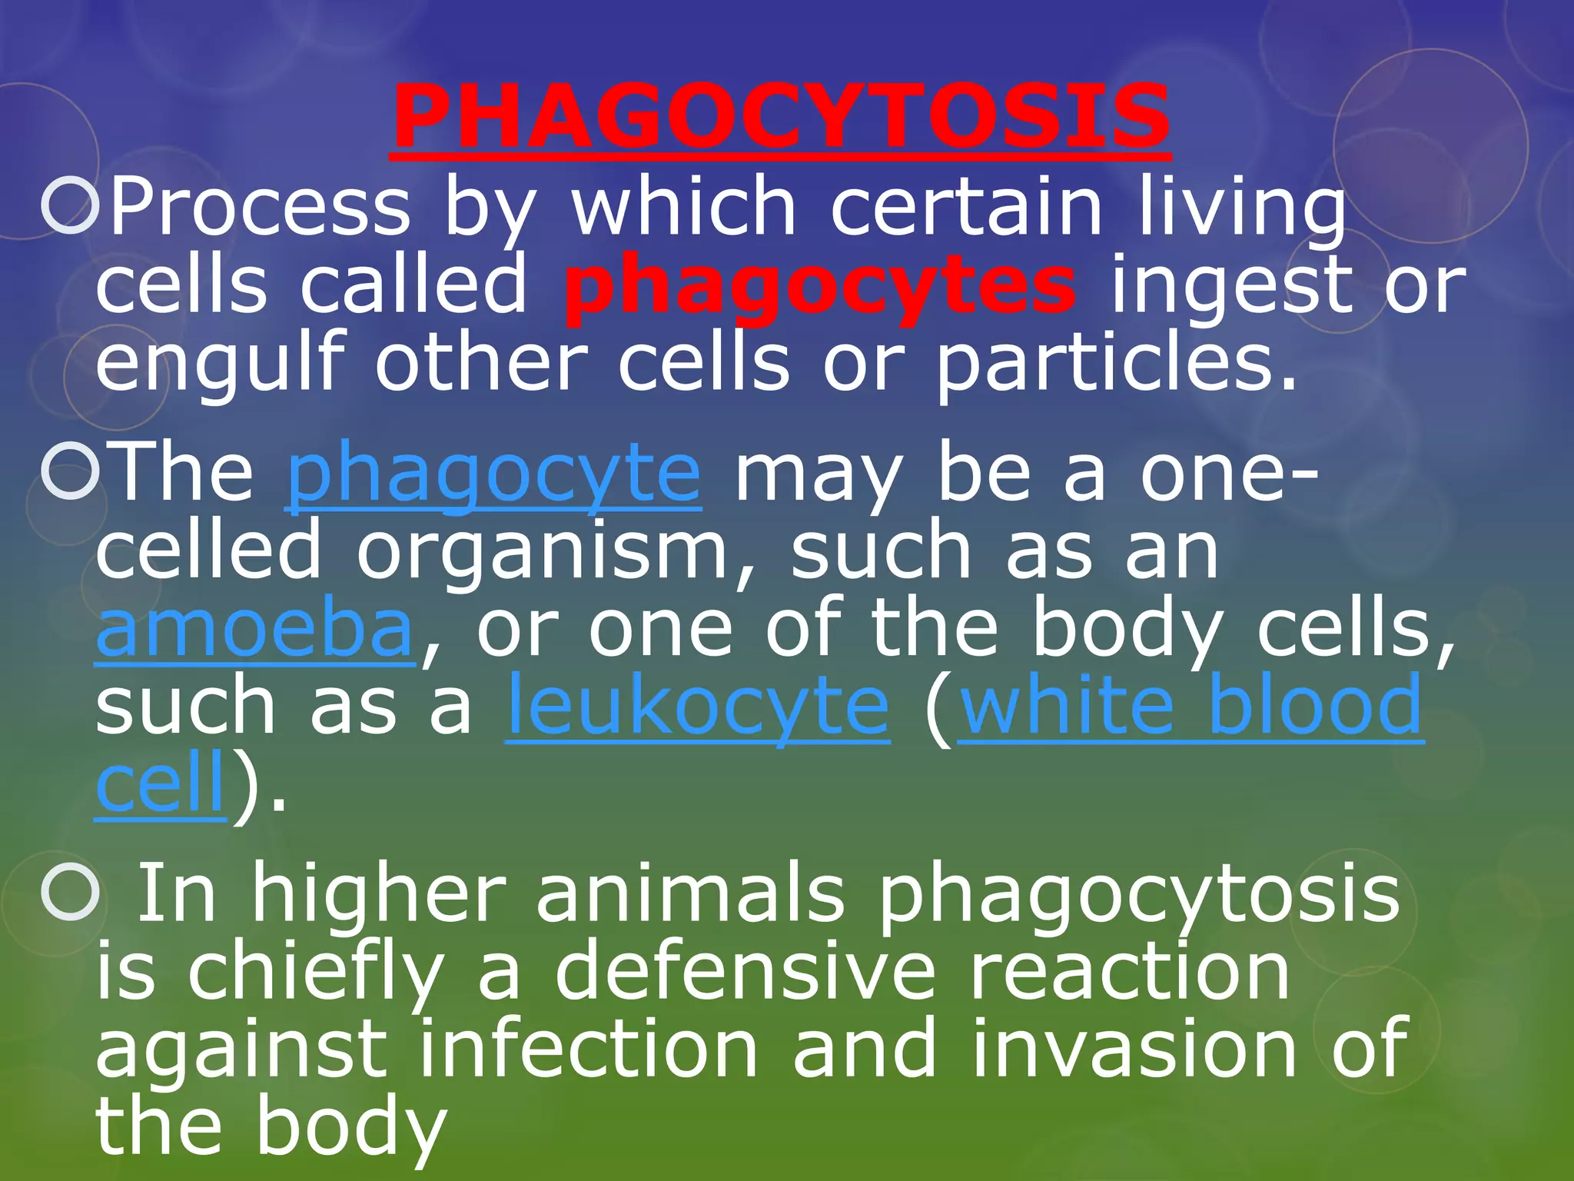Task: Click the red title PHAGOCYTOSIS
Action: click(780, 118)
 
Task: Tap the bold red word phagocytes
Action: click(819, 287)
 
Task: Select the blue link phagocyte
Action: click(493, 474)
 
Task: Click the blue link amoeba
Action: click(255, 630)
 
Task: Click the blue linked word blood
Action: click(1315, 704)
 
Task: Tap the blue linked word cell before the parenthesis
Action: click(161, 784)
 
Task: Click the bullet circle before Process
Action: click(71, 206)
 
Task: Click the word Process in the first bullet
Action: click(261, 206)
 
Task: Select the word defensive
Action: click(745, 972)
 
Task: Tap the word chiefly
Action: click(316, 972)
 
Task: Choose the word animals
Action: click(689, 894)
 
